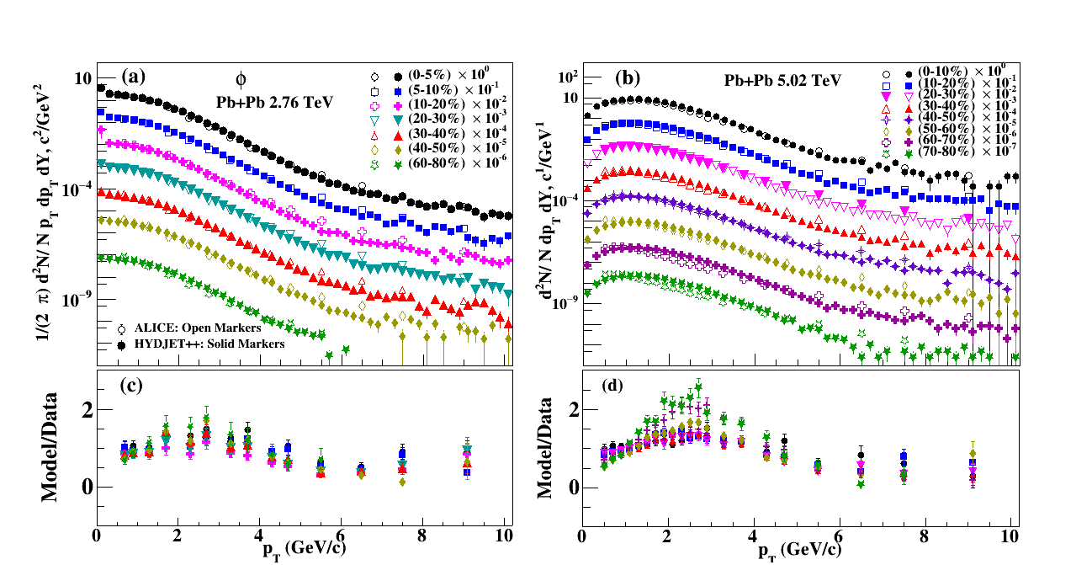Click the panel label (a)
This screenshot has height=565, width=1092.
click(x=134, y=76)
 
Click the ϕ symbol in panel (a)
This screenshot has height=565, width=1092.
click(x=241, y=80)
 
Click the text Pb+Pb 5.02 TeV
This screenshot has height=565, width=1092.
click(x=782, y=81)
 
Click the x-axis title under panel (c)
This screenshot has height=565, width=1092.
click(x=301, y=549)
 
